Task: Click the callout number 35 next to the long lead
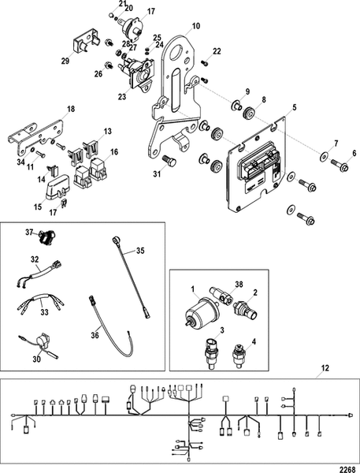141,251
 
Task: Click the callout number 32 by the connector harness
34,259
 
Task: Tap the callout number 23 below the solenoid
122,97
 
